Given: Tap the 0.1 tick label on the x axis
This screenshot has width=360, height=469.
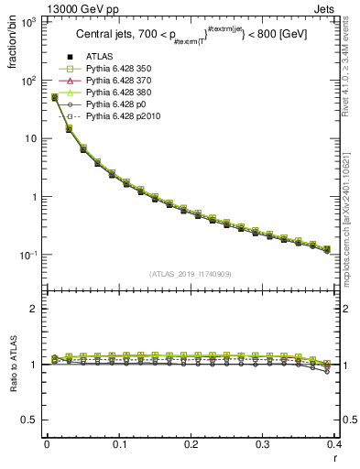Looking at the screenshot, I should click(x=119, y=444).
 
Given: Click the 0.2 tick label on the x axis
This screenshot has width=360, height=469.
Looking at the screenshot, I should click(x=191, y=444).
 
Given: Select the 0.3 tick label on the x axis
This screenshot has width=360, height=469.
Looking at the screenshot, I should click(x=263, y=444).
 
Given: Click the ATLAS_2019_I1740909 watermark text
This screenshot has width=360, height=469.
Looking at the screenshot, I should click(x=191, y=275).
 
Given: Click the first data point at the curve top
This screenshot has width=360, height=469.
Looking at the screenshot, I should click(x=54, y=97).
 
